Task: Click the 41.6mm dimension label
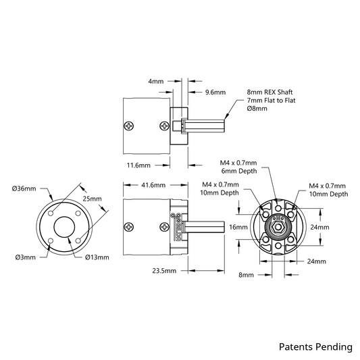point(153,185)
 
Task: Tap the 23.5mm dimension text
point(164,271)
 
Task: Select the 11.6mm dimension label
point(138,165)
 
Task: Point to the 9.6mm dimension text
point(215,93)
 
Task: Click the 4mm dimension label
point(156,81)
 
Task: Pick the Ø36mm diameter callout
point(24,188)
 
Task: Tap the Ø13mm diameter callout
point(97,257)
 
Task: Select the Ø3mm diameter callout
point(26,257)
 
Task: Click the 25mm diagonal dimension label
point(92,199)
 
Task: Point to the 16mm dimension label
point(238,228)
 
